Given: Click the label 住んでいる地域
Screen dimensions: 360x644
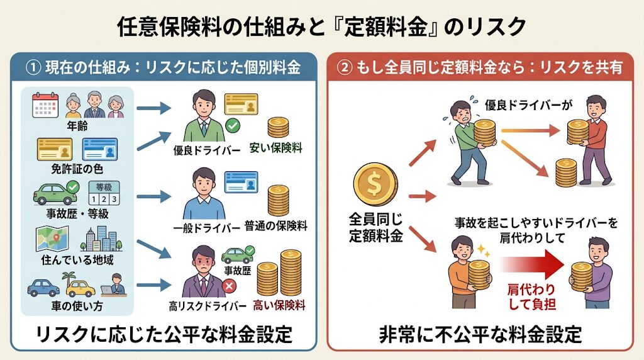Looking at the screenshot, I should (x=77, y=259).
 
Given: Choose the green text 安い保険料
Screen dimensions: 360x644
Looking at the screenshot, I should (x=276, y=149).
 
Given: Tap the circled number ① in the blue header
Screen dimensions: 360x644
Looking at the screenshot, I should (x=33, y=67).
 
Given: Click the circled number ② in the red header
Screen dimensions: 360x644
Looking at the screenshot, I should (x=347, y=67).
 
